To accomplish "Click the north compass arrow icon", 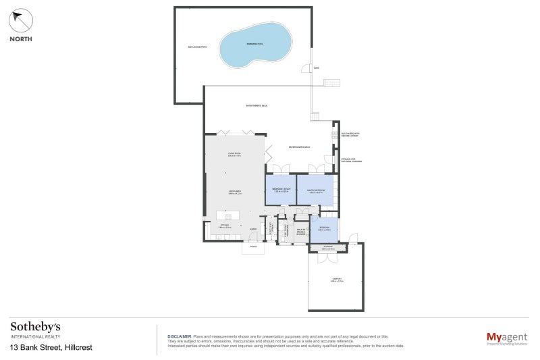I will point(21,21).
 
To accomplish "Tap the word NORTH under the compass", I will point(21,39).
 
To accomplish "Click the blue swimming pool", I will point(256,43).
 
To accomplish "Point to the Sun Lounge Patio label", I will point(198,47).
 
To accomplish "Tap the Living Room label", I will point(234,155).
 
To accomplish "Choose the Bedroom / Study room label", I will point(281,190).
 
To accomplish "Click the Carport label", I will point(336,279).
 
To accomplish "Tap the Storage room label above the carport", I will point(327,247).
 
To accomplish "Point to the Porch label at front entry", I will point(254,247).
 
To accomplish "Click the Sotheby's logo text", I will point(35,326).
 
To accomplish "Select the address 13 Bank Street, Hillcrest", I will point(51,347).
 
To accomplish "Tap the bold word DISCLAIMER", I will point(179,336).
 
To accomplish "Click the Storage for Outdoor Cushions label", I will point(352,160).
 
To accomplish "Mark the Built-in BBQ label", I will point(350,134).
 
